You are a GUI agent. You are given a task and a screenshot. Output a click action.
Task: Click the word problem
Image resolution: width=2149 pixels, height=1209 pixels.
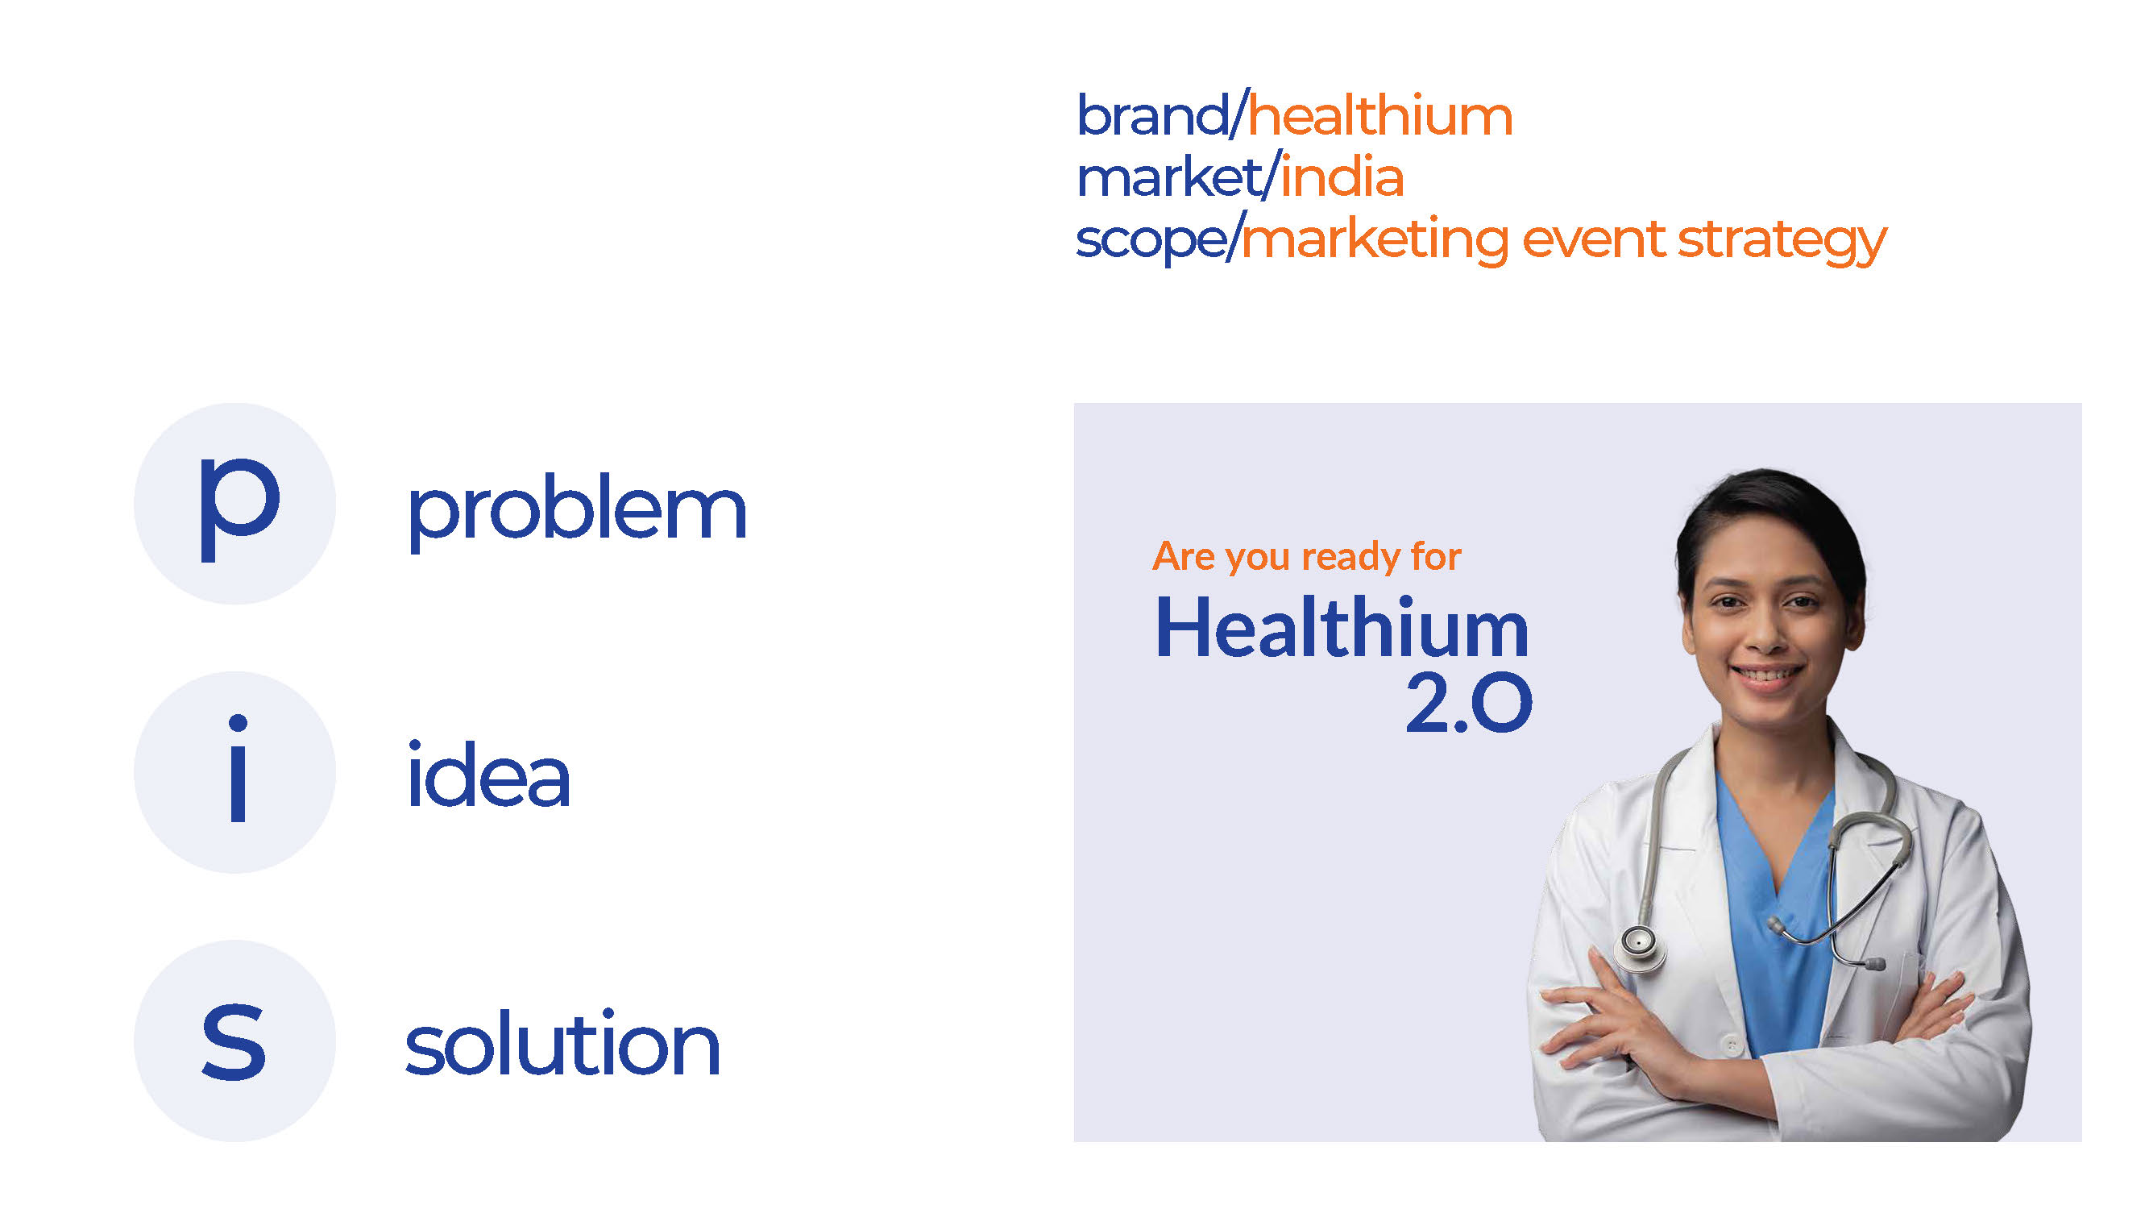coord(576,511)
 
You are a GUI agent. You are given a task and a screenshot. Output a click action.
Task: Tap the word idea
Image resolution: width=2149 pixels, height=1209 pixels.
coord(488,776)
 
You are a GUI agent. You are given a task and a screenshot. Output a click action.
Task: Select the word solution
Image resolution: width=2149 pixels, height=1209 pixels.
coord(562,1044)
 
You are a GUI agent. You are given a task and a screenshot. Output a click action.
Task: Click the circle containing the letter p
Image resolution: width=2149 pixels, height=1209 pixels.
coord(235,504)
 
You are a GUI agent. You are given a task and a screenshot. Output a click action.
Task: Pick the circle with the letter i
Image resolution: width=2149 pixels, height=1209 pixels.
coord(235,773)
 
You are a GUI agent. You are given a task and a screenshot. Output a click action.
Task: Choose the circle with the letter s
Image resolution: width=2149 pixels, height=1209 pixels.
coord(235,1041)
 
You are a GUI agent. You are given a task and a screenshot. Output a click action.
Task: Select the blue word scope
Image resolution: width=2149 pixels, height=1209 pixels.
coord(1150,240)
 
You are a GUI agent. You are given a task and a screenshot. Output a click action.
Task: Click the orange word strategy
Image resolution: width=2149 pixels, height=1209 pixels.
coord(1781,240)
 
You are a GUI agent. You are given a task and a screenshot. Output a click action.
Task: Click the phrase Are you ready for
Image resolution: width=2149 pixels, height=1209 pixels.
coord(1306,556)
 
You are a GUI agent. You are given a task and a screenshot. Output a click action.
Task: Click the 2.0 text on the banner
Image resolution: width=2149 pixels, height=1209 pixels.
coord(1468,703)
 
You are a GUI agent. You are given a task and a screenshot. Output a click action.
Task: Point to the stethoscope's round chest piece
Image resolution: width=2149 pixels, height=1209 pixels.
coord(1638,944)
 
